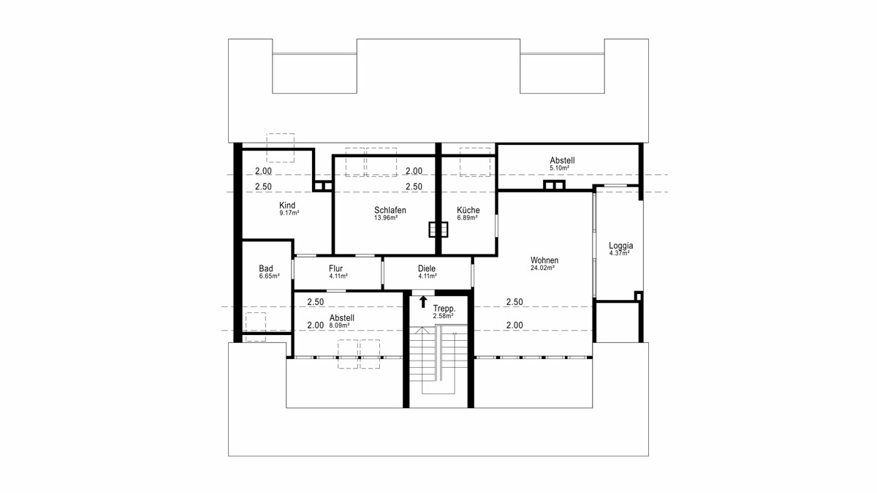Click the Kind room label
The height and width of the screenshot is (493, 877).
coord(287,206)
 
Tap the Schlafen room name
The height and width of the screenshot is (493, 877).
coord(390,210)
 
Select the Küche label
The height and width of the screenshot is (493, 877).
coord(468,210)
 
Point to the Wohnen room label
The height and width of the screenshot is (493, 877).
coord(544,260)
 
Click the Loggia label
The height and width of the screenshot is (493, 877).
coord(620,246)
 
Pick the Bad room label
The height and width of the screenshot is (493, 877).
coord(266,268)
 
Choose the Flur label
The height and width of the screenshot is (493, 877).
coord(335,268)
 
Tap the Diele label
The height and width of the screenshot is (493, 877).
coord(426,268)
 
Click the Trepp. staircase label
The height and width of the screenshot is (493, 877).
coord(444,309)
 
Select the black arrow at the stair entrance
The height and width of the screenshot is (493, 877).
coord(423,302)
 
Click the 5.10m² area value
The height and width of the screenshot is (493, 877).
coord(559,168)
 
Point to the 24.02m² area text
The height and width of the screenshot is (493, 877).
coord(542,268)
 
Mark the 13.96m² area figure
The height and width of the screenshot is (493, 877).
coord(386,218)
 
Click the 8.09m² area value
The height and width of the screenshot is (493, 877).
coord(339,325)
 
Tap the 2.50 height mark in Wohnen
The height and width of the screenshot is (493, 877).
coord(515,302)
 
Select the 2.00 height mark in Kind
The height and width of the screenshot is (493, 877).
coord(263,171)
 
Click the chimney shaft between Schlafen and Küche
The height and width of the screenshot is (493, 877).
coord(438,229)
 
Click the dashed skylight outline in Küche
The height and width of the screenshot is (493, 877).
coord(475,162)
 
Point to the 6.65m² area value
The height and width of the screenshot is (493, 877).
coord(269,276)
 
